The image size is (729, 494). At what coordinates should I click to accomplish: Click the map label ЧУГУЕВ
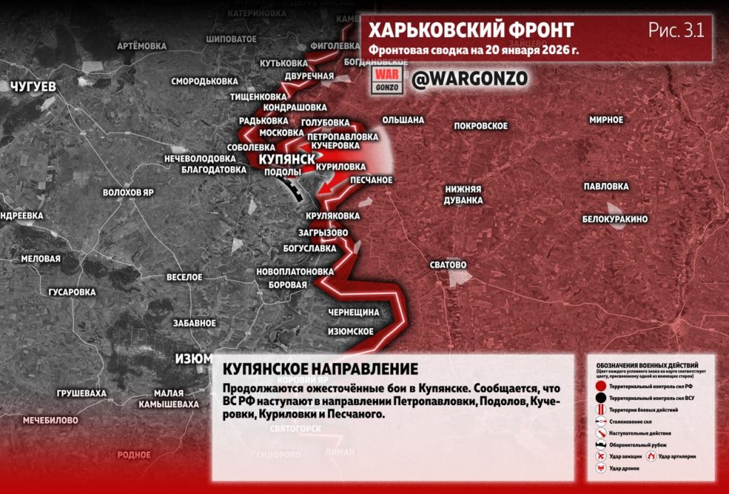(33, 86)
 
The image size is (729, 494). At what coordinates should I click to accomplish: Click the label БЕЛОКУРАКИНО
(614, 219)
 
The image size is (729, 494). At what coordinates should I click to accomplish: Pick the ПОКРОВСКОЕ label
(481, 126)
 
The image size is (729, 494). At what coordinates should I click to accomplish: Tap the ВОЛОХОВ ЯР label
(128, 193)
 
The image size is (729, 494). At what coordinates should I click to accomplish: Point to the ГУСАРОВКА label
(72, 292)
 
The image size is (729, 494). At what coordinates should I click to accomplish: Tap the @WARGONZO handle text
(470, 78)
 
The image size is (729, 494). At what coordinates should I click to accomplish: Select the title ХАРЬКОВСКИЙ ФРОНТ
(471, 31)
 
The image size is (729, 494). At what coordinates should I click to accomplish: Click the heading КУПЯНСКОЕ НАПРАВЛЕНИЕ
(320, 369)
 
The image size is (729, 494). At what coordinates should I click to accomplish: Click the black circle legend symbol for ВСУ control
(602, 399)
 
